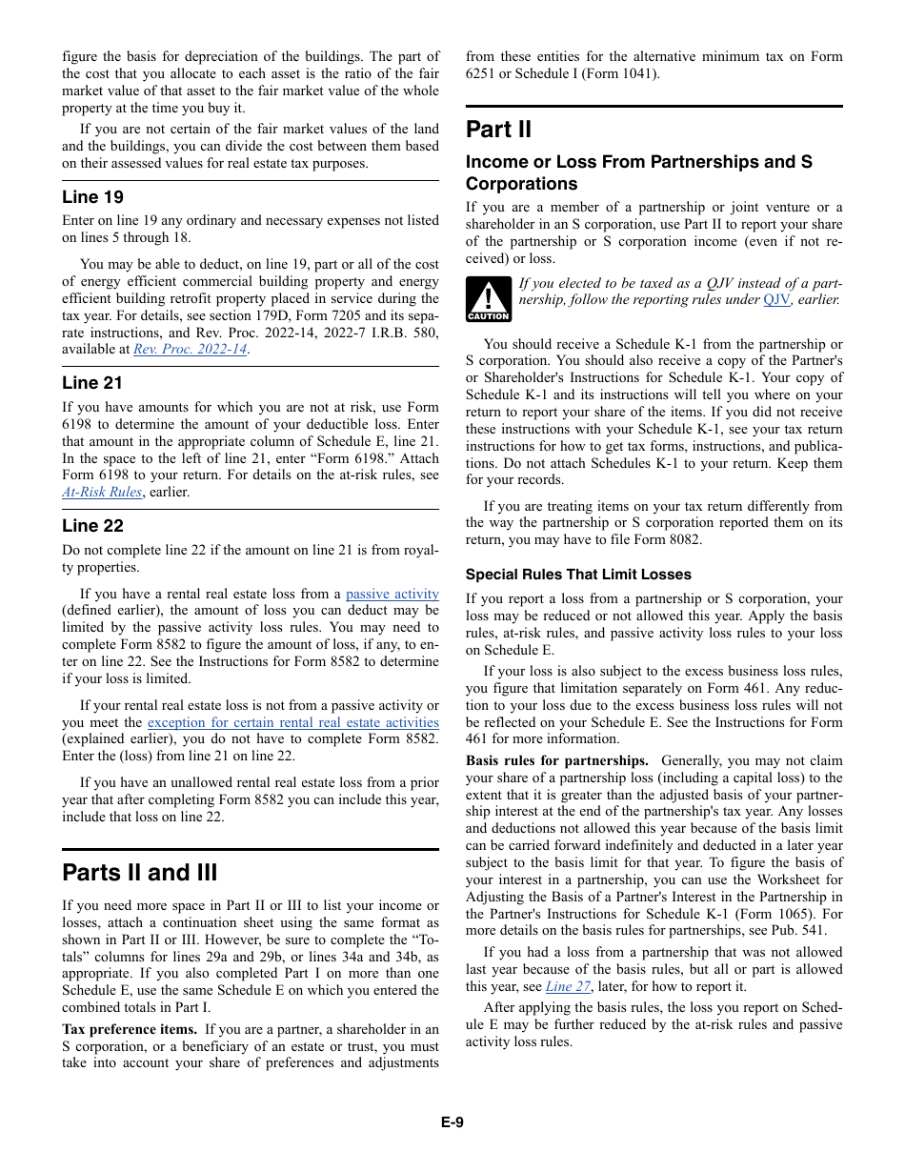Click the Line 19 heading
coord(92,197)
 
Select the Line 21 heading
coord(92,383)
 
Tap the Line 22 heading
coord(92,526)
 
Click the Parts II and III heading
coord(140,873)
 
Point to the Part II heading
coord(498,130)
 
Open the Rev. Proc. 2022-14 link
coord(190,350)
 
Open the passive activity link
coord(392,594)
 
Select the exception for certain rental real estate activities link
coord(292,723)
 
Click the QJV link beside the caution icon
coord(776,300)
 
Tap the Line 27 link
coord(568,987)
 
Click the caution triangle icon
coord(488,299)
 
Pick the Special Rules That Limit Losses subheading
coord(578,575)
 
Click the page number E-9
coord(452,1122)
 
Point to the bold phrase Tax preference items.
coord(130,1029)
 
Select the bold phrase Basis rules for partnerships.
coord(556,761)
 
